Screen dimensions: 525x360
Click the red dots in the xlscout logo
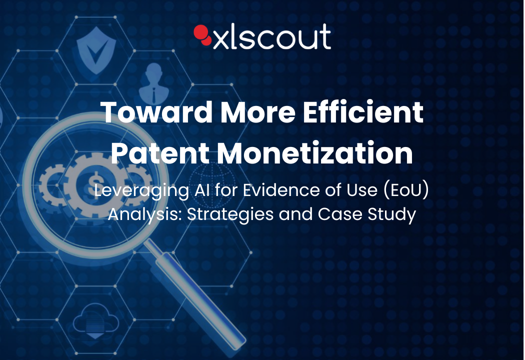[202, 34]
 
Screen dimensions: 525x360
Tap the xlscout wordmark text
[272, 37]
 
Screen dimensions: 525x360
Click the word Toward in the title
[156, 112]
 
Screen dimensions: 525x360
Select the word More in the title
[258, 112]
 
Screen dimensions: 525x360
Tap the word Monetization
[315, 152]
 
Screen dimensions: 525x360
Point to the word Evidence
[281, 190]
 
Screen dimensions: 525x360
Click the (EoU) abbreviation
[406, 190]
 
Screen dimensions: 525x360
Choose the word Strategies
[230, 214]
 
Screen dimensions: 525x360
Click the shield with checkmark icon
[96, 50]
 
